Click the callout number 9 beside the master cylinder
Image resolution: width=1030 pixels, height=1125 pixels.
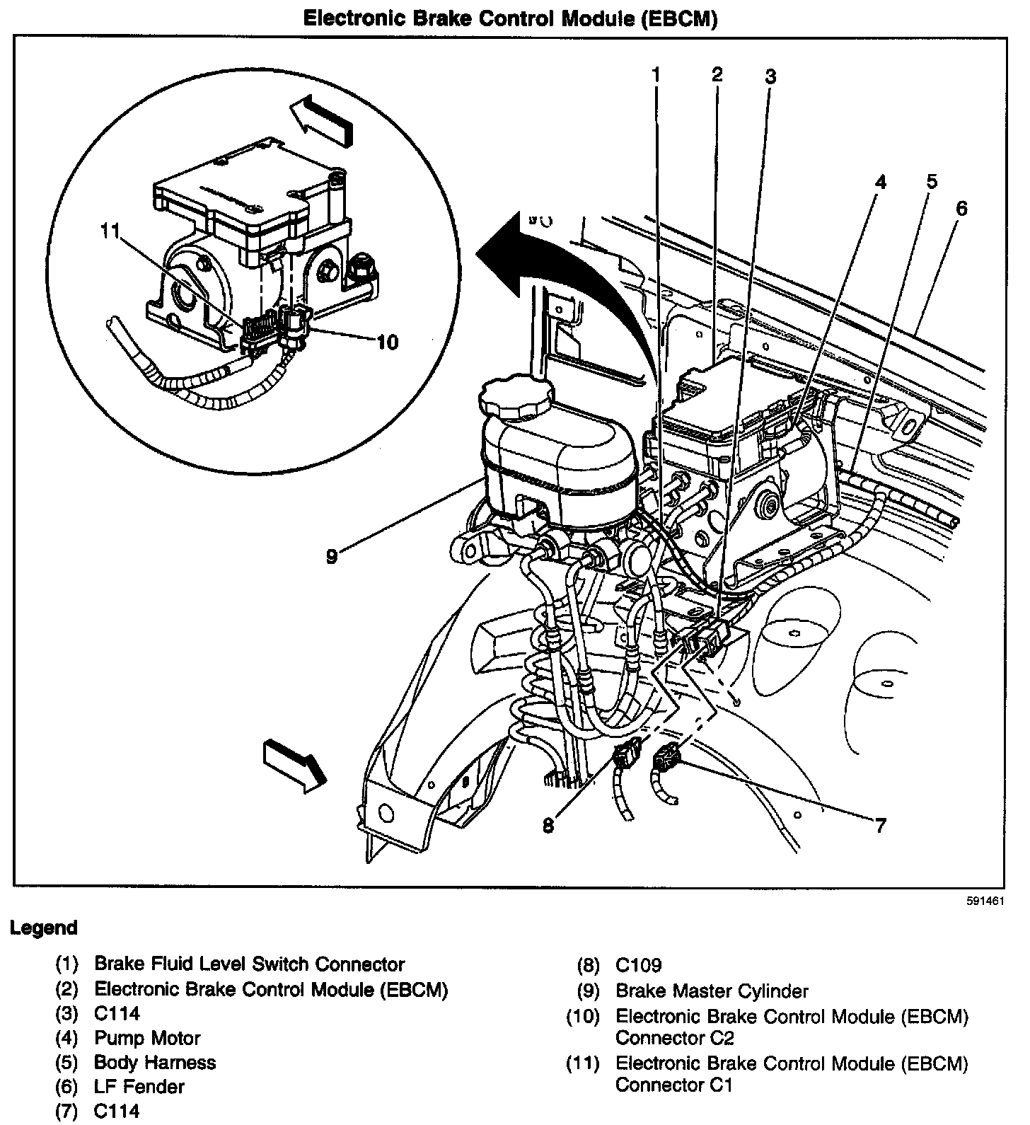point(331,555)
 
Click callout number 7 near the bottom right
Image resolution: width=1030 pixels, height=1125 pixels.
point(879,825)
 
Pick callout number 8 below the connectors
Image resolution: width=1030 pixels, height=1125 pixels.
point(549,825)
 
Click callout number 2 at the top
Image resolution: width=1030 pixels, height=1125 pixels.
point(717,74)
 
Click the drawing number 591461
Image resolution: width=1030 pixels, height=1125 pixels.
point(985,902)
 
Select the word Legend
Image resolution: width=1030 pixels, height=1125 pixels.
point(44,928)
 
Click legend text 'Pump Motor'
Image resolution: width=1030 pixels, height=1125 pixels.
point(147,1038)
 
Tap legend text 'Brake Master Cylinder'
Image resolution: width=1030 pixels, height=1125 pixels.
point(712,991)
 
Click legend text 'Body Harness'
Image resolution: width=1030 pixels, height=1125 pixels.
point(155,1062)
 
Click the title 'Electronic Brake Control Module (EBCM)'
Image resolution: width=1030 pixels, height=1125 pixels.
point(510,19)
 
